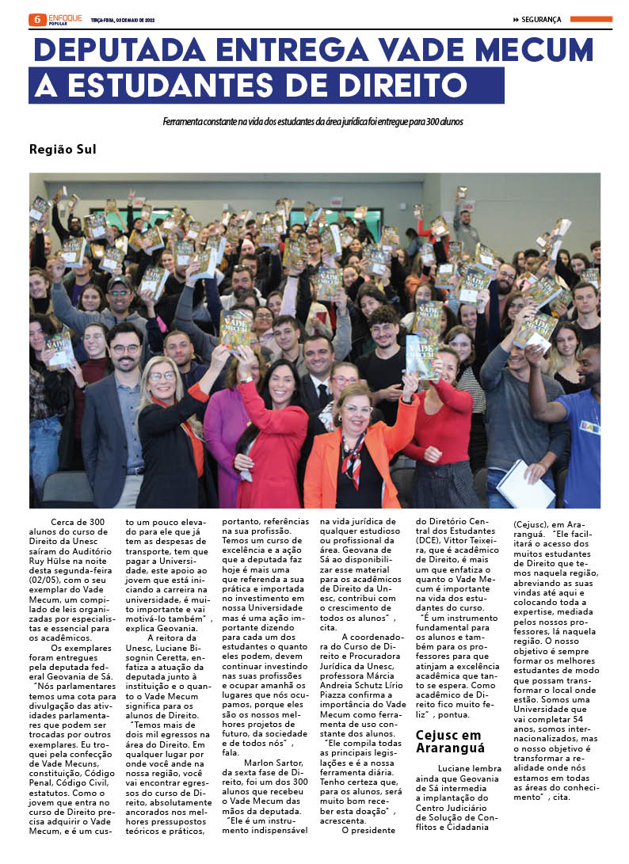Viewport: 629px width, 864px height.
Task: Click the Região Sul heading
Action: pos(63,149)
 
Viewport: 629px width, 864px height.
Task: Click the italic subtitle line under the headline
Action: pos(313,122)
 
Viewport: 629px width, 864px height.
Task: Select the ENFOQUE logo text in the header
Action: pos(64,17)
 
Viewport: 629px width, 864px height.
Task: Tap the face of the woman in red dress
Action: pos(280,381)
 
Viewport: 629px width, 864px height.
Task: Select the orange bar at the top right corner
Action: pos(591,19)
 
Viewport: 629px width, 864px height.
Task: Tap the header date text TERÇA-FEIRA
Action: pos(106,20)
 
